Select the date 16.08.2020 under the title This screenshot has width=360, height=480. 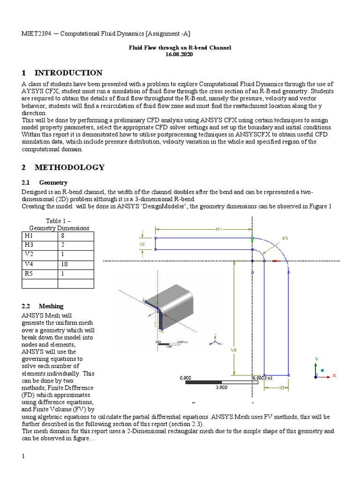point(180,54)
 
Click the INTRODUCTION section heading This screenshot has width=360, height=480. point(68,73)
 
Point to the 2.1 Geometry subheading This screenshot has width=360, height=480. point(53,182)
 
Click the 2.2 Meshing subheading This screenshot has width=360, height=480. point(51,306)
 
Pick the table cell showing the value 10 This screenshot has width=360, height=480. point(76,264)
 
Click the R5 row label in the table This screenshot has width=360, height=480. point(40,274)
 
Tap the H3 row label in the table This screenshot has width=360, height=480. point(40,246)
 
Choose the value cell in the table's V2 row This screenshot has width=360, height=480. point(76,255)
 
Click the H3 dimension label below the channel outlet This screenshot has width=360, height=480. point(281,388)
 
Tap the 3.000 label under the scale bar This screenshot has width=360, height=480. point(221,388)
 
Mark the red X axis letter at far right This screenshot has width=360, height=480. point(334,375)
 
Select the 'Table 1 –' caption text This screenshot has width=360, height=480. point(58,221)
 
